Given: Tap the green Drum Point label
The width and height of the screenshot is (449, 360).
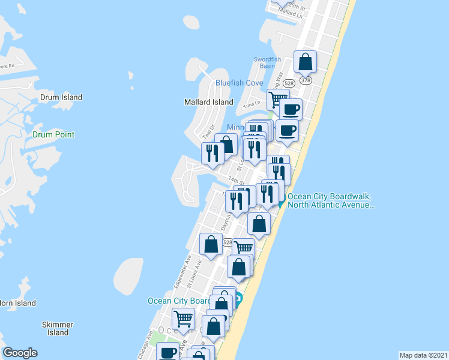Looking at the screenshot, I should point(53,134).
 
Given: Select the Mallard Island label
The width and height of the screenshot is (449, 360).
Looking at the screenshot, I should point(208,102).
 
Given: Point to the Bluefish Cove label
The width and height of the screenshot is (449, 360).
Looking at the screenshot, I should point(240,83).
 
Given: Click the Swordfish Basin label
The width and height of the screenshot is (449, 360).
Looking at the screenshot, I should point(268,62).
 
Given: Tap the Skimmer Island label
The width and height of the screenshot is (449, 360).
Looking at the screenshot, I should point(58,328).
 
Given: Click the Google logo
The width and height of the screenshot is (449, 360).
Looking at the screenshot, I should point(20,353).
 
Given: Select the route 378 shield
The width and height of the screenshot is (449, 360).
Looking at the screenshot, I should point(306,80).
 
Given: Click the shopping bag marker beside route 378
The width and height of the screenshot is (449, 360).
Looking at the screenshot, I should point(305,62).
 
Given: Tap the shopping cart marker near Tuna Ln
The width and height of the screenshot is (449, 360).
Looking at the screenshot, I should point(278,99).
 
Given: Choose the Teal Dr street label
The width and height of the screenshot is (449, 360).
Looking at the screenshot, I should point(208,131).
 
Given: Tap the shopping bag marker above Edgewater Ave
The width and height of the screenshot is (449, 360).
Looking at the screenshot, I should point(211,244).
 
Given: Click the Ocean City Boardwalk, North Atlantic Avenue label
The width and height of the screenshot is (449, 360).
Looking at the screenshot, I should point(331,200).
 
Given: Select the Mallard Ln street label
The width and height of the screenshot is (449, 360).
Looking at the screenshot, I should point(291,12).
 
